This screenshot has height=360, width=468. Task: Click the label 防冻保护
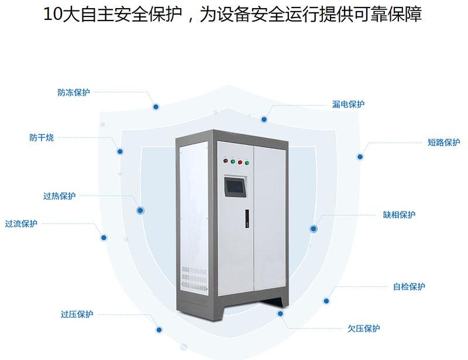tap(74, 92)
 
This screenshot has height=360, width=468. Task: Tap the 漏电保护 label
tap(348, 104)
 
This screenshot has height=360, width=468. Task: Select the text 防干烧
tap(42, 138)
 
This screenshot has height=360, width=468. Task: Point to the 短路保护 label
tap(444, 142)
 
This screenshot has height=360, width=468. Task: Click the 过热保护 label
tap(59, 196)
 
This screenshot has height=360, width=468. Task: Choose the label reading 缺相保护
tap(399, 214)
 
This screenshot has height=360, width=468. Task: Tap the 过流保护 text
tap(21, 223)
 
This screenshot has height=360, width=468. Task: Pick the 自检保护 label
tap(409, 286)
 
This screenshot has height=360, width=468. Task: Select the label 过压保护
tap(77, 314)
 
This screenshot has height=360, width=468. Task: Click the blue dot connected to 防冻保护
tap(156, 106)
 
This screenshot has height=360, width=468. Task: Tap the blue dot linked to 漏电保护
tap(264, 119)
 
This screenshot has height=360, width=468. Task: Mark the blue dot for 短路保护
tap(360, 156)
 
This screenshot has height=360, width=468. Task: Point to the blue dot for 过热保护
tap(140, 210)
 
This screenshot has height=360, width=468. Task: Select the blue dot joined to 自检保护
tap(326, 300)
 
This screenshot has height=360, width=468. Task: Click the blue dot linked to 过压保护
tap(159, 330)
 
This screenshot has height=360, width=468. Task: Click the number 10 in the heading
tap(52, 14)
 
